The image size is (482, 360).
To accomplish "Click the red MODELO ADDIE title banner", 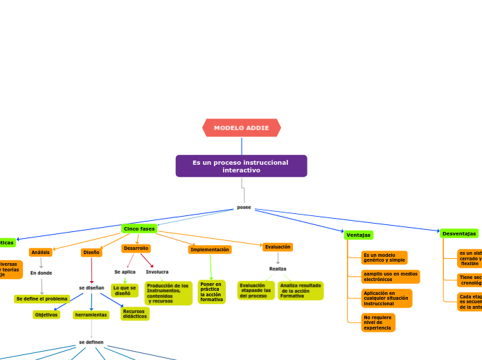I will tap(241, 128).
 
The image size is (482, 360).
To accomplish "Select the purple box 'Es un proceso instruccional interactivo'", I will tap(241, 166).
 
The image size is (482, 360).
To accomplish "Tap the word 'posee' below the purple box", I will tap(244, 207).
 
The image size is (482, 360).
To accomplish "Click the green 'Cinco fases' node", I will tap(139, 228).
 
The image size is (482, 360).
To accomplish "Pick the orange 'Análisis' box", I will tap(40, 253).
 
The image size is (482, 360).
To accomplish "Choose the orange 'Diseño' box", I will tap(91, 253).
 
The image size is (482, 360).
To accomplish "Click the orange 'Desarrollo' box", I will tap(136, 248).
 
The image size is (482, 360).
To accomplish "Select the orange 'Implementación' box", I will tap(210, 249).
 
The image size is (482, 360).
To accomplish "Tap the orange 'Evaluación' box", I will tap(278, 246).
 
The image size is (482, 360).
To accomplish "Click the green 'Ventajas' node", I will tap(358, 235).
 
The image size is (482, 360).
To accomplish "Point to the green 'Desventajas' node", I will tap(459, 233).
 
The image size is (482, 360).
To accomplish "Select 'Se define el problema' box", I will tap(42, 299).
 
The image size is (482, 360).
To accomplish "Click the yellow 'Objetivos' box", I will tap(46, 314).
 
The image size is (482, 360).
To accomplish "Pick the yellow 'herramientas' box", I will tap(91, 315).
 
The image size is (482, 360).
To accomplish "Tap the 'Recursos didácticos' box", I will tap(134, 314).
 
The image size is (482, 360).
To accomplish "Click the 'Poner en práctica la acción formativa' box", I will tap(211, 291).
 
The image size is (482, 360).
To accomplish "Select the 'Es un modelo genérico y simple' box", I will tap(384, 258).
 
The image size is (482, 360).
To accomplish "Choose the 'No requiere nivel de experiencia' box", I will tap(377, 323).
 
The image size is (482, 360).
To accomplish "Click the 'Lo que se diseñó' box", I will tap(125, 291).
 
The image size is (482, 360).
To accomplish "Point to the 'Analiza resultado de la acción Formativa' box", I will tap(300, 291).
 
